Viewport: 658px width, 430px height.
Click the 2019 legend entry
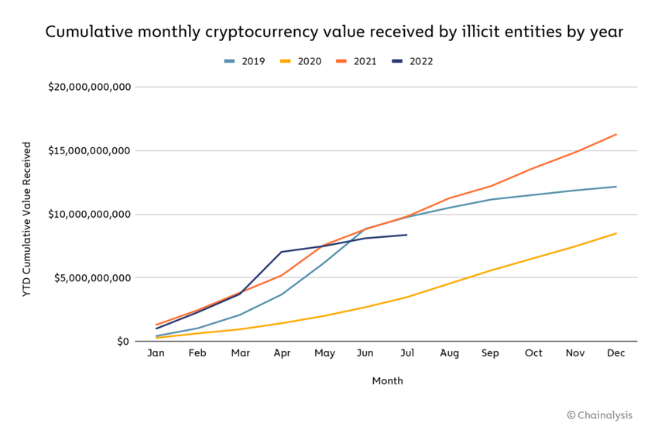click(x=244, y=61)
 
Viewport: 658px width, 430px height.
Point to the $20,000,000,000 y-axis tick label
click(x=89, y=87)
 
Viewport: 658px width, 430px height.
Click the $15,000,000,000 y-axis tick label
click(x=89, y=150)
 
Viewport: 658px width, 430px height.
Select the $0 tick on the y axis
click(x=124, y=342)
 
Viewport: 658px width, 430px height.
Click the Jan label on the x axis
click(x=156, y=353)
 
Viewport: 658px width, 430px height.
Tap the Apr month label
click(x=282, y=353)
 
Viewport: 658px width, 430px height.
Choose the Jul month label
click(x=407, y=353)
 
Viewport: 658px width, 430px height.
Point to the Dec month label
click(x=616, y=353)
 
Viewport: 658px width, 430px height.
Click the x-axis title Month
click(x=387, y=381)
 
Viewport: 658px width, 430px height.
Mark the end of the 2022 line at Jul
click(x=407, y=235)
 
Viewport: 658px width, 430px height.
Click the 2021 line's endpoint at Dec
click(x=616, y=134)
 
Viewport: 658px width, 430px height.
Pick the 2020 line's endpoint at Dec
click(x=616, y=233)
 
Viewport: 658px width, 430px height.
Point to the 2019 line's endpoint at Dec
click(x=616, y=187)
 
